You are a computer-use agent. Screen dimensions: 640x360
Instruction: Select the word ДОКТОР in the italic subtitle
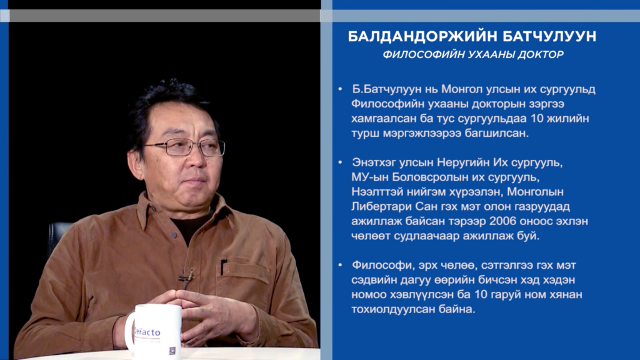click(541, 55)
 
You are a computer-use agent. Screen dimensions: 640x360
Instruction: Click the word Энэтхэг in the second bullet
click(374, 162)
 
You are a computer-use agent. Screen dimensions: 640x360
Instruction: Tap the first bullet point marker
click(340, 89)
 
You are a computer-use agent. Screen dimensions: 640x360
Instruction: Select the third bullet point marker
click(340, 265)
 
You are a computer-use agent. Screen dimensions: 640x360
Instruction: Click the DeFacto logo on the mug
click(147, 332)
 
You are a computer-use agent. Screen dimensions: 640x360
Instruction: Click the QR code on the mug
click(172, 351)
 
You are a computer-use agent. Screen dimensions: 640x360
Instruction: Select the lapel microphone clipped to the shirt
click(186, 277)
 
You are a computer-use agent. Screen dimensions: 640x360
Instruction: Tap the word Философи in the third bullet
click(382, 265)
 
